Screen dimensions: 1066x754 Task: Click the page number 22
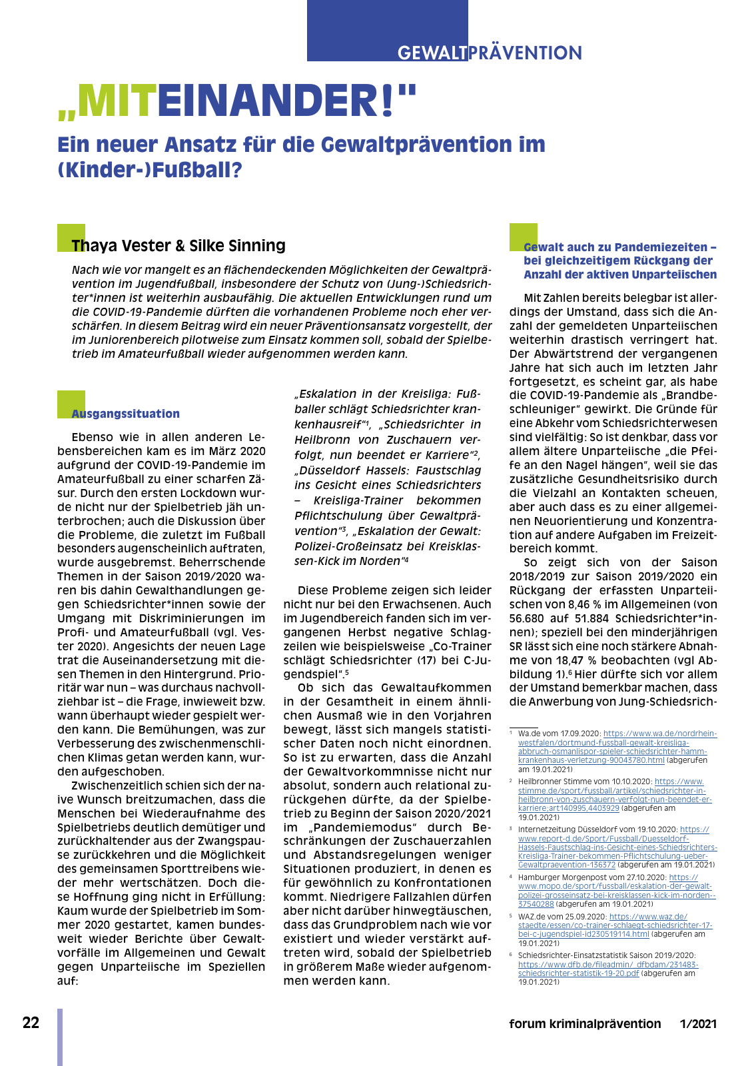tap(31, 1023)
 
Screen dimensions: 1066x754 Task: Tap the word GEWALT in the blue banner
tap(432, 53)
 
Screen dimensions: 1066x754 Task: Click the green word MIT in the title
tap(117, 101)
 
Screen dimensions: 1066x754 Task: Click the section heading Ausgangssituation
tap(126, 414)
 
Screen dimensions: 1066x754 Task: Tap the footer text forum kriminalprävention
tap(585, 1023)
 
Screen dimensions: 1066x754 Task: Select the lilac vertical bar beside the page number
tap(60, 1037)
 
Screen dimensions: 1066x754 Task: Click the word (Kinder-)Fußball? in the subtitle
tap(149, 170)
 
